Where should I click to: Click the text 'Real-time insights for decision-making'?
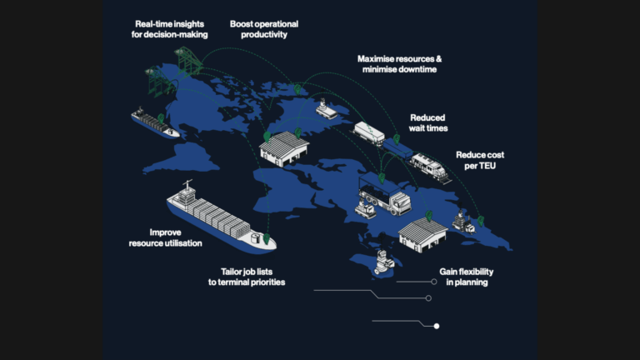coord(169,29)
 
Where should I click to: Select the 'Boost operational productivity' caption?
coord(264,29)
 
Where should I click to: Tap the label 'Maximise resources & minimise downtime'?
coord(400,64)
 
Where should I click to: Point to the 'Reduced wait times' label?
coord(428,122)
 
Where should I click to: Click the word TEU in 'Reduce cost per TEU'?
coord(487,166)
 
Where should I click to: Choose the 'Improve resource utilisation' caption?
coord(165,237)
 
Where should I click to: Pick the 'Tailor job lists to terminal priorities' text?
coord(247,277)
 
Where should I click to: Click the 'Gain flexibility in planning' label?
coord(467,277)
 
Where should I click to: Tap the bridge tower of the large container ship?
coord(187,193)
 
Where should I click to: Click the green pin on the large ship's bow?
coord(267,238)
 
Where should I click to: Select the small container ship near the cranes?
coord(154,122)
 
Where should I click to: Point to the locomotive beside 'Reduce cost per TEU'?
coord(429,167)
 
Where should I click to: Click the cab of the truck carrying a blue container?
coord(400,202)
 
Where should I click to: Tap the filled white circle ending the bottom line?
coord(437,326)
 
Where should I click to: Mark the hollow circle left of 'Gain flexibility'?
coord(434,282)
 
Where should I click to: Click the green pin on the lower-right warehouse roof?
coord(428,216)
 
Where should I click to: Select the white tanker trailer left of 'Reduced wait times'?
coord(369,133)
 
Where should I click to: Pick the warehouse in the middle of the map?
coord(283,148)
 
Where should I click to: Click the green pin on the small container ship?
coord(161,118)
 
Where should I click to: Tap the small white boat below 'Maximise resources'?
coord(326,109)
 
